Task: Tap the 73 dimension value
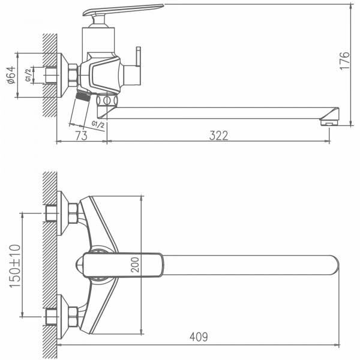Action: click(x=82, y=136)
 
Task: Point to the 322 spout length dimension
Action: click(x=219, y=136)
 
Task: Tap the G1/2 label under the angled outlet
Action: click(x=98, y=124)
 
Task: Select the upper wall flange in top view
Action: click(x=62, y=208)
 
